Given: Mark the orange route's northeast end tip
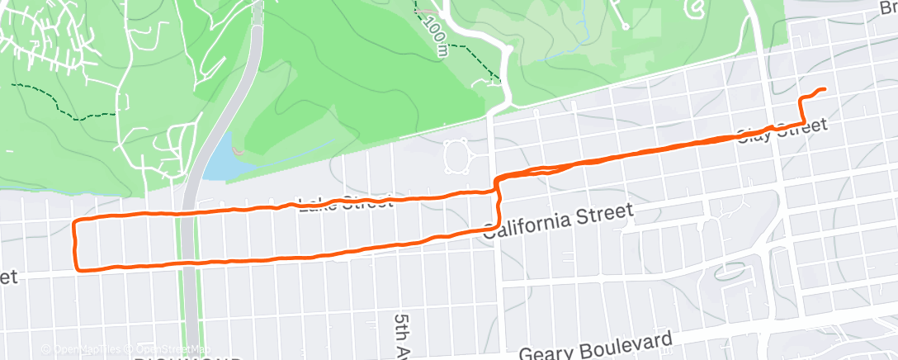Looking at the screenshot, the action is click(824, 89).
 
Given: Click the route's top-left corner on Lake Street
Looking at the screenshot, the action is click(77, 222).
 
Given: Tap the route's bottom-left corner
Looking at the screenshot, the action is click(78, 268).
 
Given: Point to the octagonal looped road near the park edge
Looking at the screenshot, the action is click(456, 157).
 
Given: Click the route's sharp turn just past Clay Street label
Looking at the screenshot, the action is click(802, 123).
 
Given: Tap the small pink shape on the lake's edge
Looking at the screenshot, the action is click(237, 151).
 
